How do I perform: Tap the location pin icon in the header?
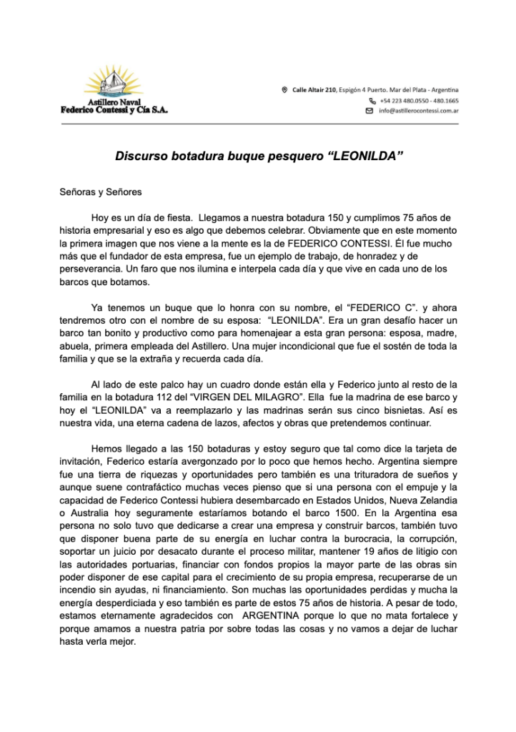[285, 89]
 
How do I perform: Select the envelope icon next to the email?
[369, 112]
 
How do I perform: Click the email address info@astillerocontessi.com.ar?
[419, 112]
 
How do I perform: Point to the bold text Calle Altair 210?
[314, 89]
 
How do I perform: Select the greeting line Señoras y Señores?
[101, 192]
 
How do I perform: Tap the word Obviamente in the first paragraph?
[334, 230]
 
